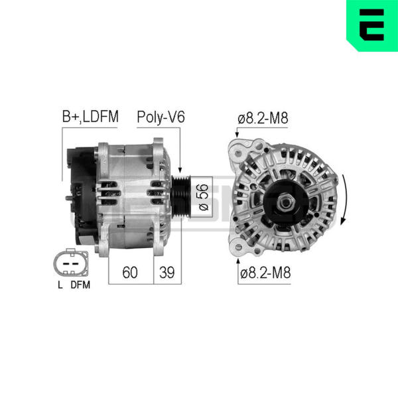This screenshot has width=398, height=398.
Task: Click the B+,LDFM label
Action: (x=90, y=117)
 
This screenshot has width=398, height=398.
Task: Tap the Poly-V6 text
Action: (x=161, y=117)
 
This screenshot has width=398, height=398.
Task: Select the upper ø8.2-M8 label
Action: (x=263, y=118)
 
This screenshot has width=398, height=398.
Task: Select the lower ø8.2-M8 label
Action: (x=265, y=273)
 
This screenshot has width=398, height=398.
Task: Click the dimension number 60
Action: (x=130, y=273)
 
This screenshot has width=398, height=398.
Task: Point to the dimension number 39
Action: (x=167, y=273)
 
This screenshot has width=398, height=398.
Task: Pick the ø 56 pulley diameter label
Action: (x=204, y=197)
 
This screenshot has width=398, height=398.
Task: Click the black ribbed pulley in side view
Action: (x=180, y=197)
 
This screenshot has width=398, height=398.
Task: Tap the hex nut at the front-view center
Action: (x=285, y=202)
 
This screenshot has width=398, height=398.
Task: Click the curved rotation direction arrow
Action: (x=344, y=200)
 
